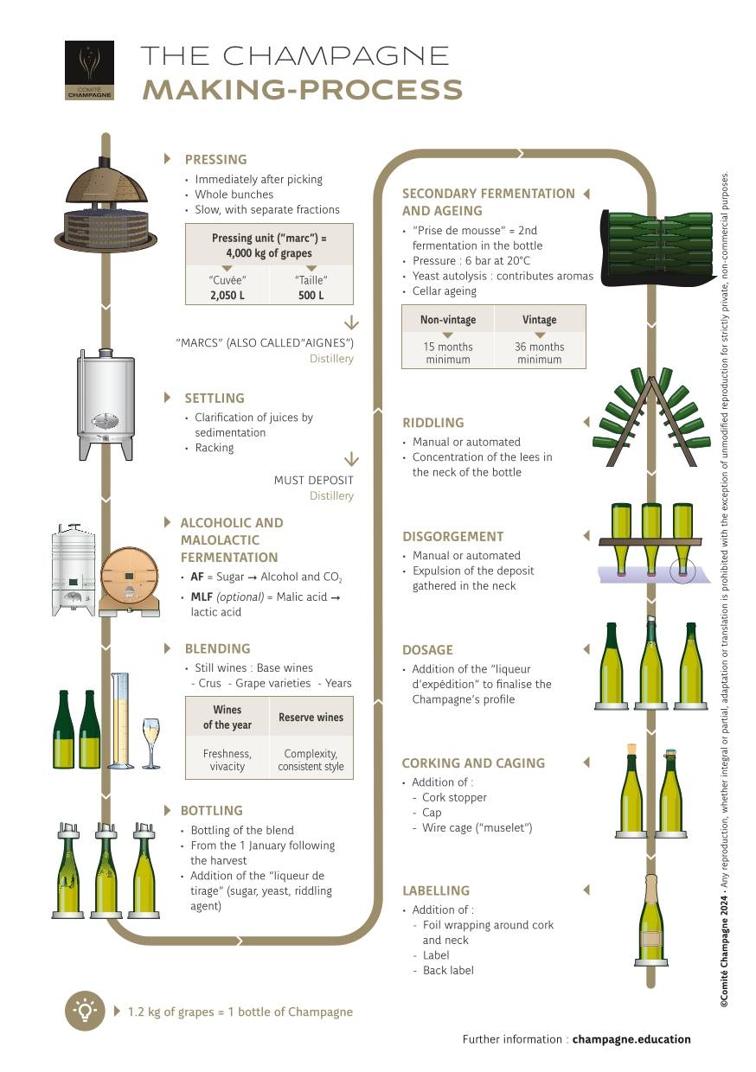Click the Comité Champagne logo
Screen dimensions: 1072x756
click(89, 70)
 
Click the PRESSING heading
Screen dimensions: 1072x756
click(215, 159)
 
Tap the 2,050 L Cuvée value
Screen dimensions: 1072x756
click(228, 295)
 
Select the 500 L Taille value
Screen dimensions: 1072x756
click(311, 295)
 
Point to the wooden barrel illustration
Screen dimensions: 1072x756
click(130, 581)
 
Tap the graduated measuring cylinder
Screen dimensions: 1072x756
click(120, 722)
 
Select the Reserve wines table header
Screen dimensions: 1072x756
click(311, 717)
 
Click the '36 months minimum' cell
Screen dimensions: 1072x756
click(540, 353)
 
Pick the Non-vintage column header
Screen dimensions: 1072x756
click(448, 320)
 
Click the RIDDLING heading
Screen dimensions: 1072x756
click(432, 423)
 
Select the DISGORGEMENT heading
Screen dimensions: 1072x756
click(452, 536)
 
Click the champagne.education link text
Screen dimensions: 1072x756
click(631, 1039)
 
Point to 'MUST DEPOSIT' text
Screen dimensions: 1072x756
click(313, 480)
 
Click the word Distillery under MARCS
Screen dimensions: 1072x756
click(331, 358)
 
